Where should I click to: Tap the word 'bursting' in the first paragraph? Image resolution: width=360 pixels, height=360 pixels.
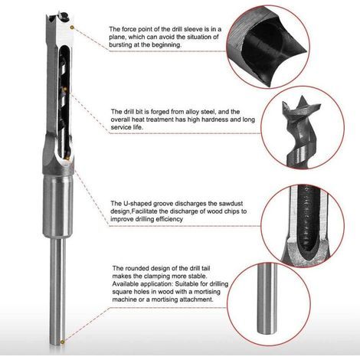click(x=120, y=44)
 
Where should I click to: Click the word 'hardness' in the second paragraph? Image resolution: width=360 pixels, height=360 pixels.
click(x=217, y=119)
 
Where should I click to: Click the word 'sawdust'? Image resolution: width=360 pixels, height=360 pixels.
click(x=231, y=204)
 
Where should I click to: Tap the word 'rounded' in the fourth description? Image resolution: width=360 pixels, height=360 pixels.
click(x=138, y=268)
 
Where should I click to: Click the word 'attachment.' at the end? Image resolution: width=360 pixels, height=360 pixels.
click(x=196, y=299)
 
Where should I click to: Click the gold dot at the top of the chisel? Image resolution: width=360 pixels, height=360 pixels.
click(x=72, y=27)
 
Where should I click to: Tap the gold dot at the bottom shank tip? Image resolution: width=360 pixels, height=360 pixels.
click(x=62, y=342)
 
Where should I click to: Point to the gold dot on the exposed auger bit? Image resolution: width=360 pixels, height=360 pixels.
click(x=65, y=89)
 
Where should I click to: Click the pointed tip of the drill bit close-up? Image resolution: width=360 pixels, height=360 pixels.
click(x=303, y=97)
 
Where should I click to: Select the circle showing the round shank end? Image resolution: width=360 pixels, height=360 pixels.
click(x=269, y=303)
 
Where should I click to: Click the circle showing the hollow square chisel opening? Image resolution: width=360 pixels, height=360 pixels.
click(x=268, y=47)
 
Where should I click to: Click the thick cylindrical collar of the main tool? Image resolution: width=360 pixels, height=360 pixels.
click(x=57, y=206)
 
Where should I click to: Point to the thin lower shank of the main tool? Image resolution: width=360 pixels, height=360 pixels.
click(x=57, y=292)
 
